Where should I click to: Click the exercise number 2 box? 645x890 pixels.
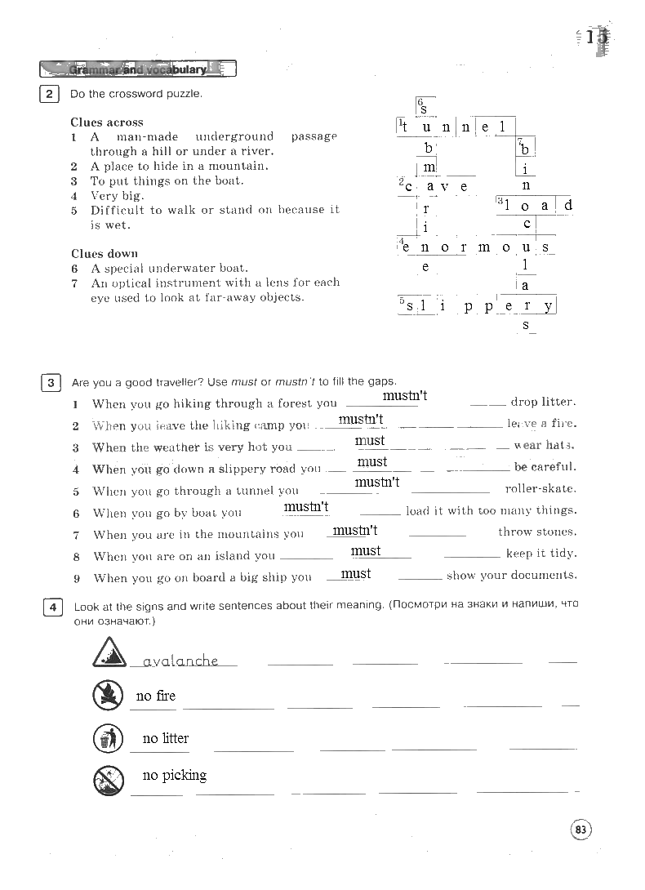49,94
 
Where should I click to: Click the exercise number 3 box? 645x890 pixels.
50,382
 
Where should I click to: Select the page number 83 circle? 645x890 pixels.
580,830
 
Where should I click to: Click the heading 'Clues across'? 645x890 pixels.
106,122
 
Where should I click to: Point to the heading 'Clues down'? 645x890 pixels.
105,253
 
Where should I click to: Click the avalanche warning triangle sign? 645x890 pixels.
108,653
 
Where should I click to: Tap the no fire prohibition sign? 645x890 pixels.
108,695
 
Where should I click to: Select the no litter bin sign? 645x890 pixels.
108,738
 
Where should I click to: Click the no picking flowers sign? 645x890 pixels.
108,780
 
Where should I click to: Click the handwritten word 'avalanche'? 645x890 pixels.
180,661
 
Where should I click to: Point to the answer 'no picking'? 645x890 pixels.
174,775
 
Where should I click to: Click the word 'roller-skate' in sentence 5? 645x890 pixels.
540,489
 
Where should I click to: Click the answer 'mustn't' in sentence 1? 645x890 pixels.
404,396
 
